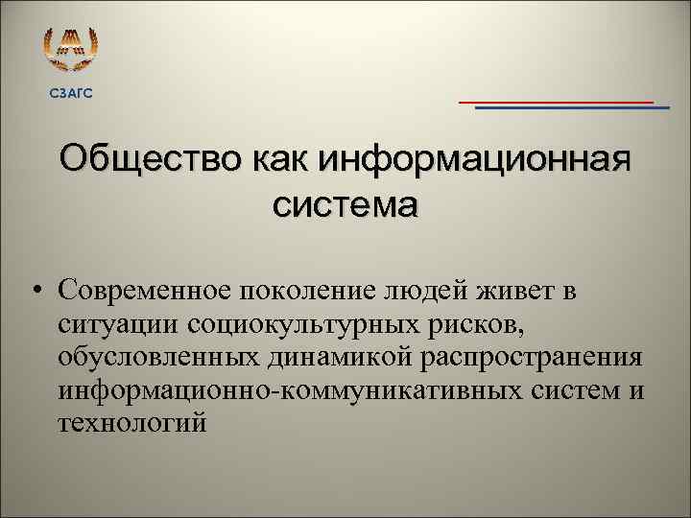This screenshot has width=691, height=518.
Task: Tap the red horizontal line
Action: click(556, 101)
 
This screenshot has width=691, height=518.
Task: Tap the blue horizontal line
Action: click(572, 108)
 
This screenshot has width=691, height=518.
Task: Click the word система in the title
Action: click(345, 204)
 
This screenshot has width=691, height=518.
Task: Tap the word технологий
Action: click(131, 426)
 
